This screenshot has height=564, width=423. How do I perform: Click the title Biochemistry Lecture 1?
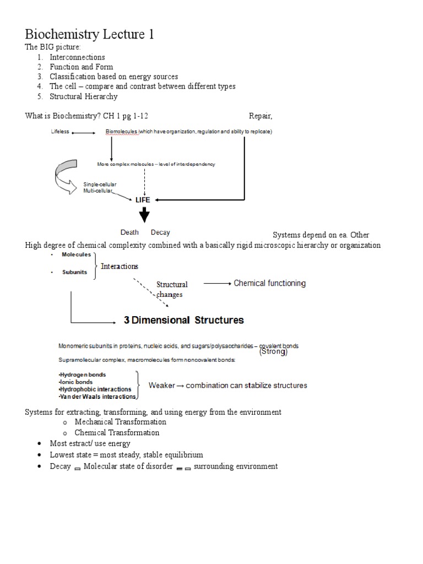tap(89, 35)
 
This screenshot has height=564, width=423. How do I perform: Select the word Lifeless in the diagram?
tap(60, 132)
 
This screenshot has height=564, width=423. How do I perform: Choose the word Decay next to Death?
tap(160, 232)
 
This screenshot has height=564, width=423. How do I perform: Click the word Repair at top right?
tap(261, 116)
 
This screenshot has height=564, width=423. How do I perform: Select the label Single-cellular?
tap(100, 184)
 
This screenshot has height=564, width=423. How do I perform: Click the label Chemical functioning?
tap(269, 283)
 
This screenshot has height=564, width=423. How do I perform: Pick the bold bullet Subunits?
tap(74, 272)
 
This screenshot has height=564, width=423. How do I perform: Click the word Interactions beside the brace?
tap(120, 267)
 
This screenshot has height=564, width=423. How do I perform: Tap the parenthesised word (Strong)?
tap(273, 352)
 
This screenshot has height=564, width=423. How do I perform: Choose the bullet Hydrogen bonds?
tap(83, 375)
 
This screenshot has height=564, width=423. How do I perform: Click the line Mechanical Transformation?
tap(121, 422)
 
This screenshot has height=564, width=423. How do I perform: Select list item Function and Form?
tap(81, 67)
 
